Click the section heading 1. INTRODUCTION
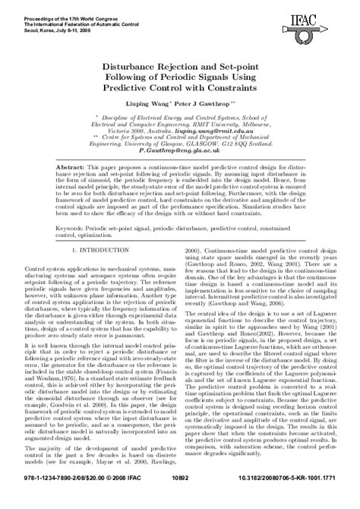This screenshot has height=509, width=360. click(90, 248)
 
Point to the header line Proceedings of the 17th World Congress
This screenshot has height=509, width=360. click(55, 7)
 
